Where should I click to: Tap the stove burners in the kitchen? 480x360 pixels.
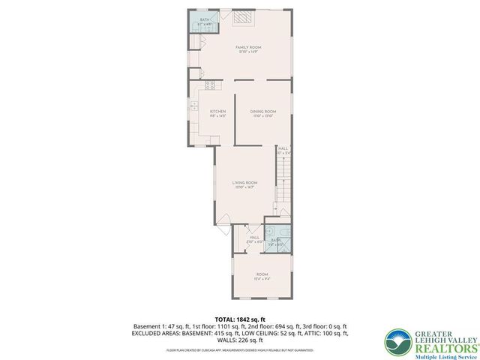pyautogui.click(x=210, y=85)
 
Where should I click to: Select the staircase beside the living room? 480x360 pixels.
pyautogui.click(x=283, y=184)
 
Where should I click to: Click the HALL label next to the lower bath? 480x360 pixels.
pyautogui.click(x=254, y=239)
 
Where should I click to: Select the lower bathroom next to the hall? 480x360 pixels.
pyautogui.click(x=277, y=238)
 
